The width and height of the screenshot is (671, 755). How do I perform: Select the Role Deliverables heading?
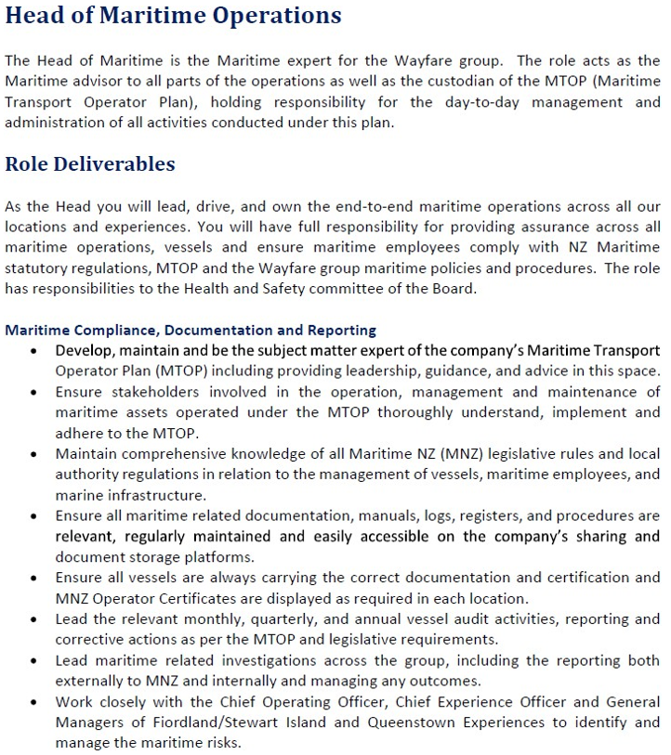tap(90, 164)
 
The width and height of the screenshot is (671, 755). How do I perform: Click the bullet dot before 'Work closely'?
tap(34, 702)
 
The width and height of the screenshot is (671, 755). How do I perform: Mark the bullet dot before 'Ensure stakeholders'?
tap(34, 393)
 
